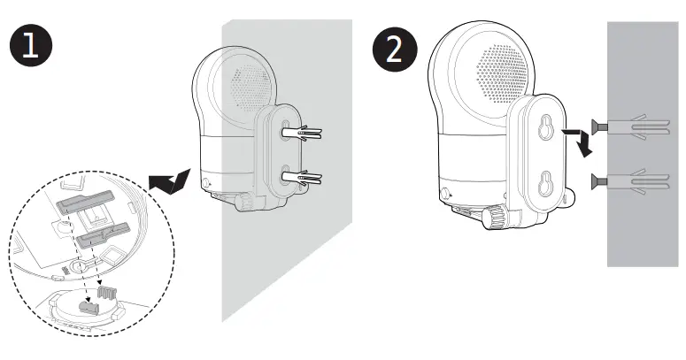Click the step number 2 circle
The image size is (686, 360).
click(393, 48)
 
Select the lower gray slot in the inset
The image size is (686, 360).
click(104, 236)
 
